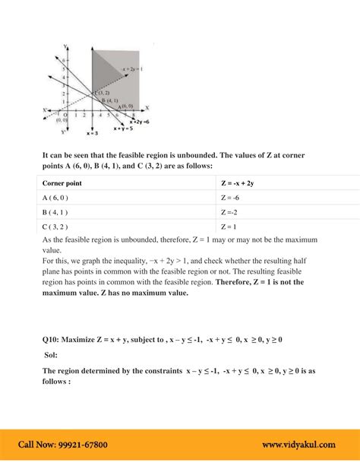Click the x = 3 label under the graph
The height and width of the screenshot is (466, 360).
pos(92,134)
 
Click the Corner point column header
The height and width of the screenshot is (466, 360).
pos(65,183)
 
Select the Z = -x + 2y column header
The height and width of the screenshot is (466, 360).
pos(241,183)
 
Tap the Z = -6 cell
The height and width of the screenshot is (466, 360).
pos(231,198)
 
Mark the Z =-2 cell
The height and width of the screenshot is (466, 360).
pos(231,212)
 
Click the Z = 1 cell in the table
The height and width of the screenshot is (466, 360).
pos(230,227)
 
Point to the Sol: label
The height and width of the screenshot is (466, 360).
pos(51,355)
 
